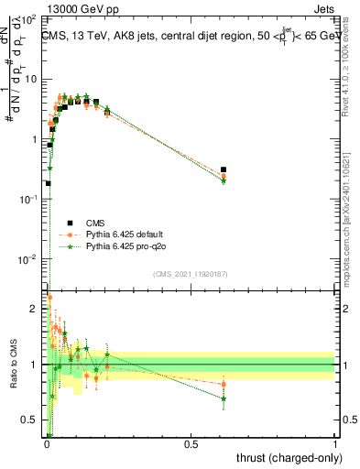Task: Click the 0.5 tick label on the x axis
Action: pos(191,445)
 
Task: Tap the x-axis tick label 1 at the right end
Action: pos(336,445)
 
